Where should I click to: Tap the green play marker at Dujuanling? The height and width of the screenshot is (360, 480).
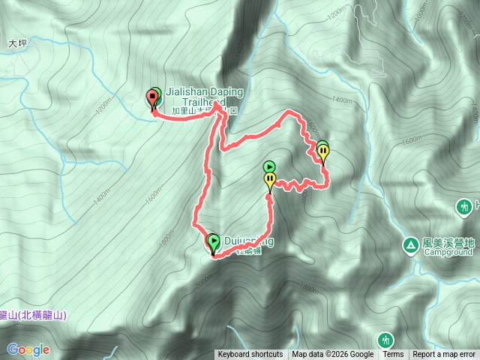[x=214, y=241]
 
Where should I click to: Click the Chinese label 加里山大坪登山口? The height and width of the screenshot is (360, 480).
[x=205, y=110]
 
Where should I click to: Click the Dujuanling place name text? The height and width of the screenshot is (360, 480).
[x=247, y=241]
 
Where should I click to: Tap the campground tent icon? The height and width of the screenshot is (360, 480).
[x=410, y=245]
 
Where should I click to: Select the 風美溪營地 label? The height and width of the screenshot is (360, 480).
[x=448, y=243]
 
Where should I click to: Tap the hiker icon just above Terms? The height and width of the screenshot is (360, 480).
[x=385, y=340]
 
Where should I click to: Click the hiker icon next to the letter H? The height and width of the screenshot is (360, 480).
[x=463, y=205]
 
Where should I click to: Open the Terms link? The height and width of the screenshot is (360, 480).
[x=393, y=355]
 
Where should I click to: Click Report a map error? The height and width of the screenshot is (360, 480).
[x=444, y=355]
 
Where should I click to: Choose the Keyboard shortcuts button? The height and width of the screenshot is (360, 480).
[x=250, y=355]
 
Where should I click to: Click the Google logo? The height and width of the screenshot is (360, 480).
[x=28, y=349]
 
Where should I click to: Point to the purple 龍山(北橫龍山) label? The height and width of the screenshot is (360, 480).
[x=32, y=316]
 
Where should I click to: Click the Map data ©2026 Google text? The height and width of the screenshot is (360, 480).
[x=333, y=355]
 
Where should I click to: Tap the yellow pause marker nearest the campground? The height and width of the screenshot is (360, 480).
[x=323, y=153]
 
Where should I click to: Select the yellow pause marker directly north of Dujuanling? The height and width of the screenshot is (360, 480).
[x=269, y=179]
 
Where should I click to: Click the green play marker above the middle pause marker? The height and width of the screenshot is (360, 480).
[x=270, y=166]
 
